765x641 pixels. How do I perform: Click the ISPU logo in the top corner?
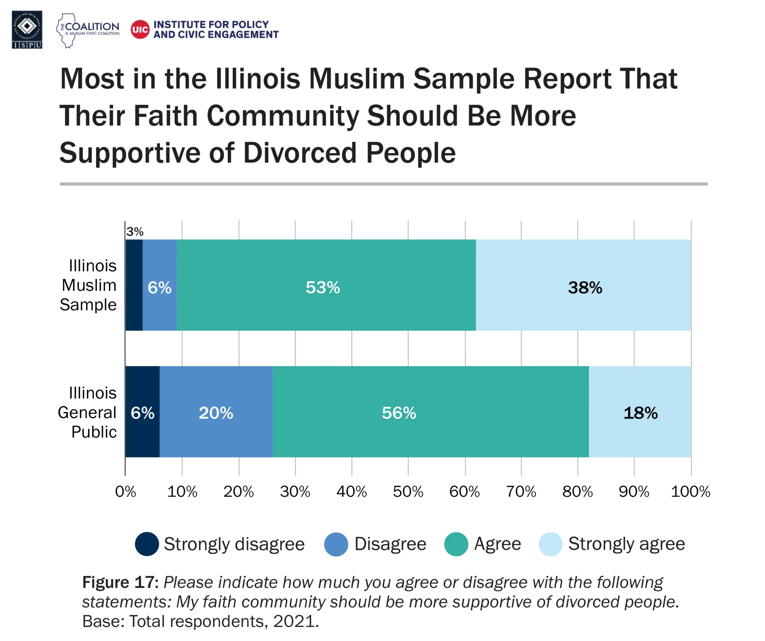(x=27, y=29)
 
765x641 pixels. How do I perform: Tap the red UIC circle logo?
(x=140, y=29)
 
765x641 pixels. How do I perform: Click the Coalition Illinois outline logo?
(x=68, y=31)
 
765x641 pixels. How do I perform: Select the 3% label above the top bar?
(x=134, y=232)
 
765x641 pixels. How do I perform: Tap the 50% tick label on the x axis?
(x=408, y=492)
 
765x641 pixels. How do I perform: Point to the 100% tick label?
(x=690, y=492)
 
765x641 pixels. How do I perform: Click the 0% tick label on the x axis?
(x=126, y=492)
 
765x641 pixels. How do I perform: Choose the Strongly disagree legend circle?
(x=147, y=544)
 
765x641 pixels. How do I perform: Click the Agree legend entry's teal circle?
(x=456, y=544)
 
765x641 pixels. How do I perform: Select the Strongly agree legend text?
(x=626, y=544)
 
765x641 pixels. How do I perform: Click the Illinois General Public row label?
(x=87, y=413)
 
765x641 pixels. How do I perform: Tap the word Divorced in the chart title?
(x=300, y=153)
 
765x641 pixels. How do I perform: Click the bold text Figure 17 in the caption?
(x=120, y=582)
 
